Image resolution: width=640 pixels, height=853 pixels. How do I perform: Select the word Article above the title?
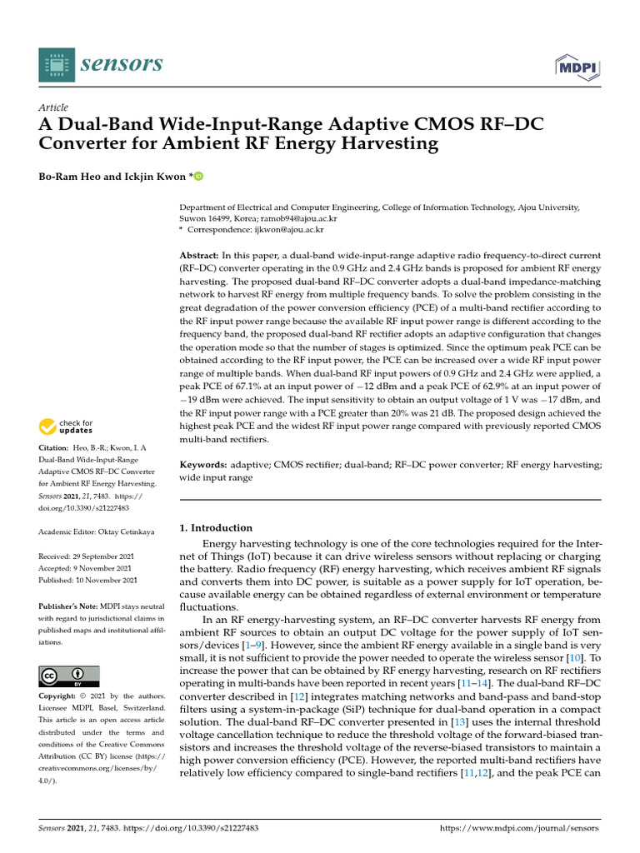coord(54,107)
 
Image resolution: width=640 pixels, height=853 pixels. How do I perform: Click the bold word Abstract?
coord(200,253)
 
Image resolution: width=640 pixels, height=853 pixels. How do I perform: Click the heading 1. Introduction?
coord(216,527)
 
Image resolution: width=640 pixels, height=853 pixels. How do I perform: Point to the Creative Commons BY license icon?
coord(69,676)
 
